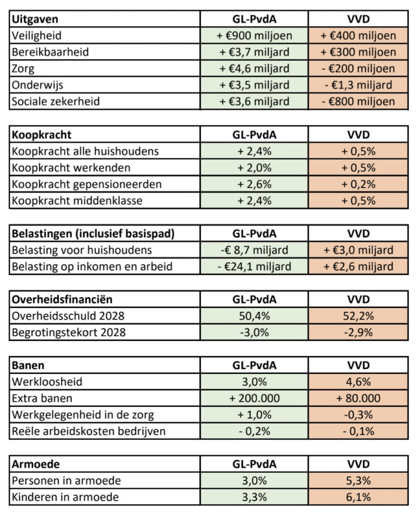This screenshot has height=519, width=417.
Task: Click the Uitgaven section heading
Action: (35, 19)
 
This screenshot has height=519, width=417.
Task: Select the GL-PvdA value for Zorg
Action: (254, 68)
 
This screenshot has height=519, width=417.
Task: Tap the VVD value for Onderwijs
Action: (358, 85)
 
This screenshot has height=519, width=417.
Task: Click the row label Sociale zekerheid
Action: (56, 101)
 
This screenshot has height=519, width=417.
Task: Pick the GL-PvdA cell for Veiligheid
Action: (254, 35)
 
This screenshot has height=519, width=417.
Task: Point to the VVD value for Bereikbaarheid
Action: (358, 52)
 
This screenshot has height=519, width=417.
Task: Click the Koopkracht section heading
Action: (41, 135)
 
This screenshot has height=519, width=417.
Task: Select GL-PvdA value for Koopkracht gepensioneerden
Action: (254, 184)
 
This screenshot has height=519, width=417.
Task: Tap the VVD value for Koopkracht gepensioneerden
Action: (358, 184)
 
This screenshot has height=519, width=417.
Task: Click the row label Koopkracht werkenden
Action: (71, 168)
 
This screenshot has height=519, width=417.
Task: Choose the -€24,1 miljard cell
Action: (254, 266)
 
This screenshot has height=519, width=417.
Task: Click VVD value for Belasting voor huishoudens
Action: (358, 250)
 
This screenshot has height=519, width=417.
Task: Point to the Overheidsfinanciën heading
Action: (62, 299)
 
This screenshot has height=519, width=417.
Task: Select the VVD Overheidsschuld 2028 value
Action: (358, 316)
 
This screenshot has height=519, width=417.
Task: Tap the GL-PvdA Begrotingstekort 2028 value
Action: (254, 332)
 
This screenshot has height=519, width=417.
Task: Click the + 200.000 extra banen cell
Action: (254, 398)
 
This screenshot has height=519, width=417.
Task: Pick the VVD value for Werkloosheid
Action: (358, 382)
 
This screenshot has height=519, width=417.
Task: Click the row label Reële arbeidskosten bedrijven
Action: (88, 431)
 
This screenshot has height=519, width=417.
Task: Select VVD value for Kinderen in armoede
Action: (358, 497)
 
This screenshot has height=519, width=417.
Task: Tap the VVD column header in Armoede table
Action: (358, 464)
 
